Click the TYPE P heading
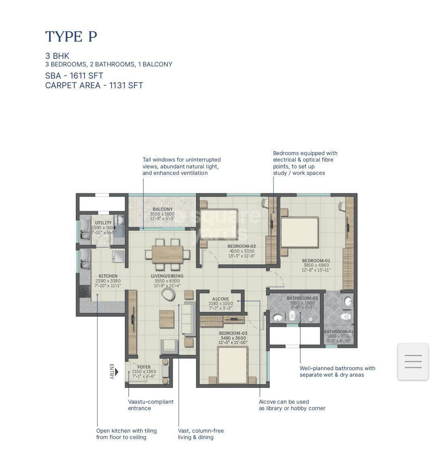point(71,37)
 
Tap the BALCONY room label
point(162,209)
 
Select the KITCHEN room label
point(108,276)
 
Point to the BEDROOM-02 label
point(241,246)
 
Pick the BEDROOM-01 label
point(316,261)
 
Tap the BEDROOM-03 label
point(233,333)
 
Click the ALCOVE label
point(220,299)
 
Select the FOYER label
point(144,367)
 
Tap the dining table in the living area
point(167,254)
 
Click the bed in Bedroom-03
point(233,365)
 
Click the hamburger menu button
point(413,361)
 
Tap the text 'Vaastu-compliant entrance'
point(151,405)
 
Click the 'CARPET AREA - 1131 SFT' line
point(94,85)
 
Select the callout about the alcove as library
point(292,405)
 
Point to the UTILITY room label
point(103,223)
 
